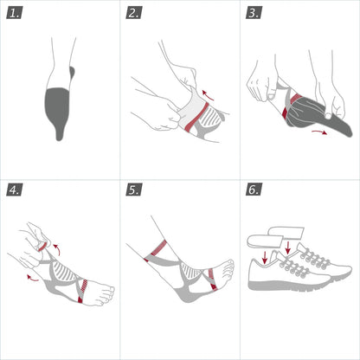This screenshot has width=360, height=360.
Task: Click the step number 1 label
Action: (x=15, y=13)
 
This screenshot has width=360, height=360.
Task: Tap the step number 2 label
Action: (x=134, y=13)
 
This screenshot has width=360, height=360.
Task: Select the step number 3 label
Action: (x=254, y=13)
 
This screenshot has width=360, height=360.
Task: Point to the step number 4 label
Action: (x=15, y=190)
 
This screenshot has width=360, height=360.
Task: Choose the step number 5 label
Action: (x=134, y=190)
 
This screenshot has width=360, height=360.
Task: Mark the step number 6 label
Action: (x=254, y=190)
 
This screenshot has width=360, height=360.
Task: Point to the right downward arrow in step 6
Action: (x=288, y=248)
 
